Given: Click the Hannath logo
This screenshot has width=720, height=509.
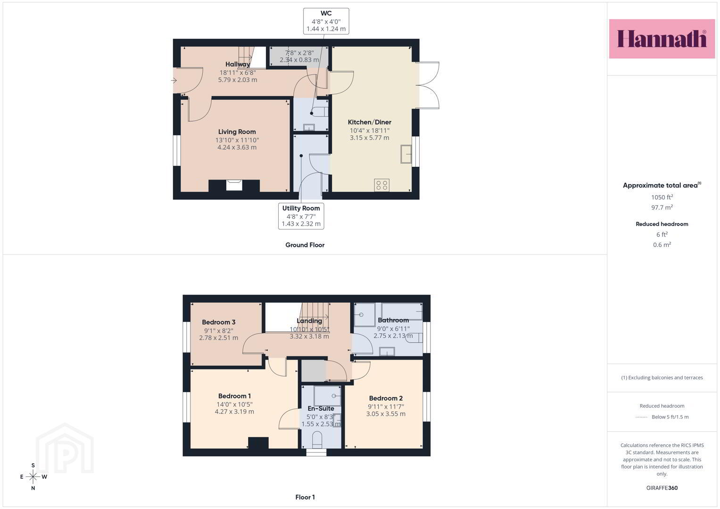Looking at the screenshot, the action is pos(662,39).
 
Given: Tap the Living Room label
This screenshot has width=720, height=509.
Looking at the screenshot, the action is pos(237,132).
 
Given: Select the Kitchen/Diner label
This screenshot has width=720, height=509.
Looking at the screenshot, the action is pos(369,122).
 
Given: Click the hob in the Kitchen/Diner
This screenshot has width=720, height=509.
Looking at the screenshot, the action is pos(381,185).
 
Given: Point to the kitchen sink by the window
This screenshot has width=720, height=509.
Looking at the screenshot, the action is pos(406,154).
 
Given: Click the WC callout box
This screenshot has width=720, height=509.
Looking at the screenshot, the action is pos(326,21).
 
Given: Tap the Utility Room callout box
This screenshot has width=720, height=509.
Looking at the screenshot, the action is pos(301,216).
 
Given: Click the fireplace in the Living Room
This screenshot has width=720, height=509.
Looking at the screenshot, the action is pos(234,185).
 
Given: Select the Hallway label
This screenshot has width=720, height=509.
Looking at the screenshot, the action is pos(238,64).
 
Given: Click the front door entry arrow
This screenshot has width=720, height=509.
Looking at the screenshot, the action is pos(174,80).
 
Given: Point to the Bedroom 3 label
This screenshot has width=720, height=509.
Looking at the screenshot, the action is pos(219,322).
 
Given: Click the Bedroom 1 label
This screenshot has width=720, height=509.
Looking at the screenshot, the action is pos(234,396).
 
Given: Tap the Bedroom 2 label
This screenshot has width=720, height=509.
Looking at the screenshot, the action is pos(386,398).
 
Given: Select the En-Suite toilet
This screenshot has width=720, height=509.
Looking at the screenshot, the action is pos(317,439).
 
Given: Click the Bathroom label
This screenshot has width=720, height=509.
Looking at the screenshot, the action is pos(393,320).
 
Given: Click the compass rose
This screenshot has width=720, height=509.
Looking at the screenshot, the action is pos(33,476).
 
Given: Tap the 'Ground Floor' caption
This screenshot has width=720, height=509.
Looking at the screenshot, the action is pos(305,245).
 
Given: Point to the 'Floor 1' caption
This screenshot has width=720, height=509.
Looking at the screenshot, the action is pos(305,497).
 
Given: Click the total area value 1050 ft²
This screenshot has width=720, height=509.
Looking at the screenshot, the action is pos(662,197).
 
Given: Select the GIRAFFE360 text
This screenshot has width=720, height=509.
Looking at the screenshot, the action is pos(662,488).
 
